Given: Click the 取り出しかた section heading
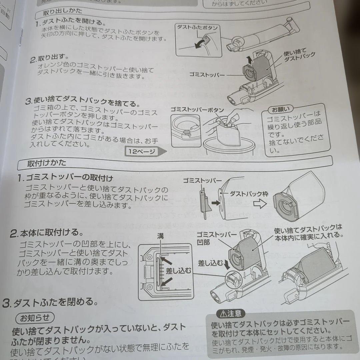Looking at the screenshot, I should [x=63, y=13].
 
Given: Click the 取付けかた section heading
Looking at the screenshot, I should [x=47, y=163].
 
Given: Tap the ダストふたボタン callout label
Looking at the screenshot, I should [x=197, y=28].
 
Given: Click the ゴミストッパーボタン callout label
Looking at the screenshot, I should [x=197, y=110].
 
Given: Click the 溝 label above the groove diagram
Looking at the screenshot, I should [x=160, y=236].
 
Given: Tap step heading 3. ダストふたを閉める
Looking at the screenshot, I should [x=50, y=303].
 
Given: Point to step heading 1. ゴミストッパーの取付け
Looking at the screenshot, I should [x=66, y=178].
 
